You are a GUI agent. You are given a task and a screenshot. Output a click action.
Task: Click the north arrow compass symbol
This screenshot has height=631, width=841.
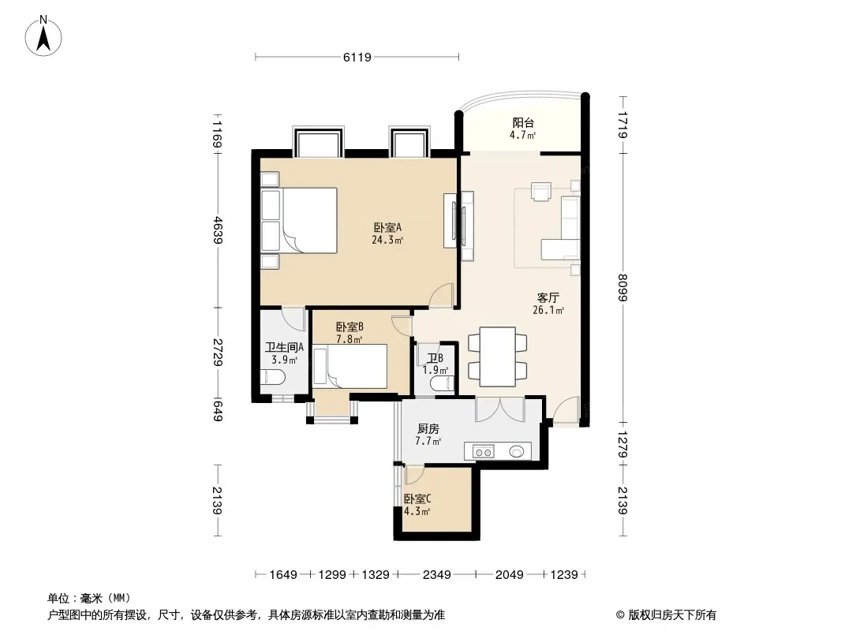(x=43, y=35)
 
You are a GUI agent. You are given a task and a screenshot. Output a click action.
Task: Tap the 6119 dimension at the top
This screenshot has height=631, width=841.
(x=357, y=57)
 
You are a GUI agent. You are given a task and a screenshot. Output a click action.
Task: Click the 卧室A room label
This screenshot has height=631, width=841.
(x=387, y=227)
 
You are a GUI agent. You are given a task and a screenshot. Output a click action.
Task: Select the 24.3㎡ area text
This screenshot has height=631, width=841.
(x=387, y=241)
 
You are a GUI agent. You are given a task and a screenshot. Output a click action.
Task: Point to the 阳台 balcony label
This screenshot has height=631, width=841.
(x=523, y=123)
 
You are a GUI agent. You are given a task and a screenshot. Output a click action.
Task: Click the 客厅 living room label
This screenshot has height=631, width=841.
(x=548, y=297)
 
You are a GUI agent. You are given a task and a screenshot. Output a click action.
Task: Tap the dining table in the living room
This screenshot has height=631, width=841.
(x=497, y=357)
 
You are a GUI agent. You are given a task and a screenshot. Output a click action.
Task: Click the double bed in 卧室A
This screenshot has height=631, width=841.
(x=299, y=220)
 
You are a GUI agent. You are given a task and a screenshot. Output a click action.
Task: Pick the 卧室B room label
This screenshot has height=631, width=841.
(x=349, y=327)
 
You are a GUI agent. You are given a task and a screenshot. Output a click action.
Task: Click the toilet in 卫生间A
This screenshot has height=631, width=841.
(x=272, y=377)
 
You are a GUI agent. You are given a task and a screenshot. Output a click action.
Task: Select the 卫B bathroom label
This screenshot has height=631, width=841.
(x=435, y=357)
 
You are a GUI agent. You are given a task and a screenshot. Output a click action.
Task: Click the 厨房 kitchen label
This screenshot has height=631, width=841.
(x=428, y=429)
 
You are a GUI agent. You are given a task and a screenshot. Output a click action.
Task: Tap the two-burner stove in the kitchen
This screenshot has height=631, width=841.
(x=484, y=452)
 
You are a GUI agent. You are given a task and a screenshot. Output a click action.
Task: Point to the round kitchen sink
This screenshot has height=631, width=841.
(x=517, y=452)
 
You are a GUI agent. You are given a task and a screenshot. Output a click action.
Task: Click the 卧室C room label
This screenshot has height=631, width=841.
(x=417, y=499)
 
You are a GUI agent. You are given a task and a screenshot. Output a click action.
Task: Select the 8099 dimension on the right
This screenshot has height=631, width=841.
(x=622, y=288)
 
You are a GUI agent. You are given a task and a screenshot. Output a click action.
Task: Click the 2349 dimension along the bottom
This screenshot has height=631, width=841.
(x=436, y=575)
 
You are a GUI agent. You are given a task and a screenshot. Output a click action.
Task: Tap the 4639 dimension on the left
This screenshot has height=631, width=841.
(x=217, y=230)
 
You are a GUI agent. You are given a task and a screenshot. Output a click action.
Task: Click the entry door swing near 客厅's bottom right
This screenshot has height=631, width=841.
(x=566, y=411)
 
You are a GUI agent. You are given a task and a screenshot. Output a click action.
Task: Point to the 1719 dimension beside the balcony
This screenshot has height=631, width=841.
(x=622, y=125)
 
